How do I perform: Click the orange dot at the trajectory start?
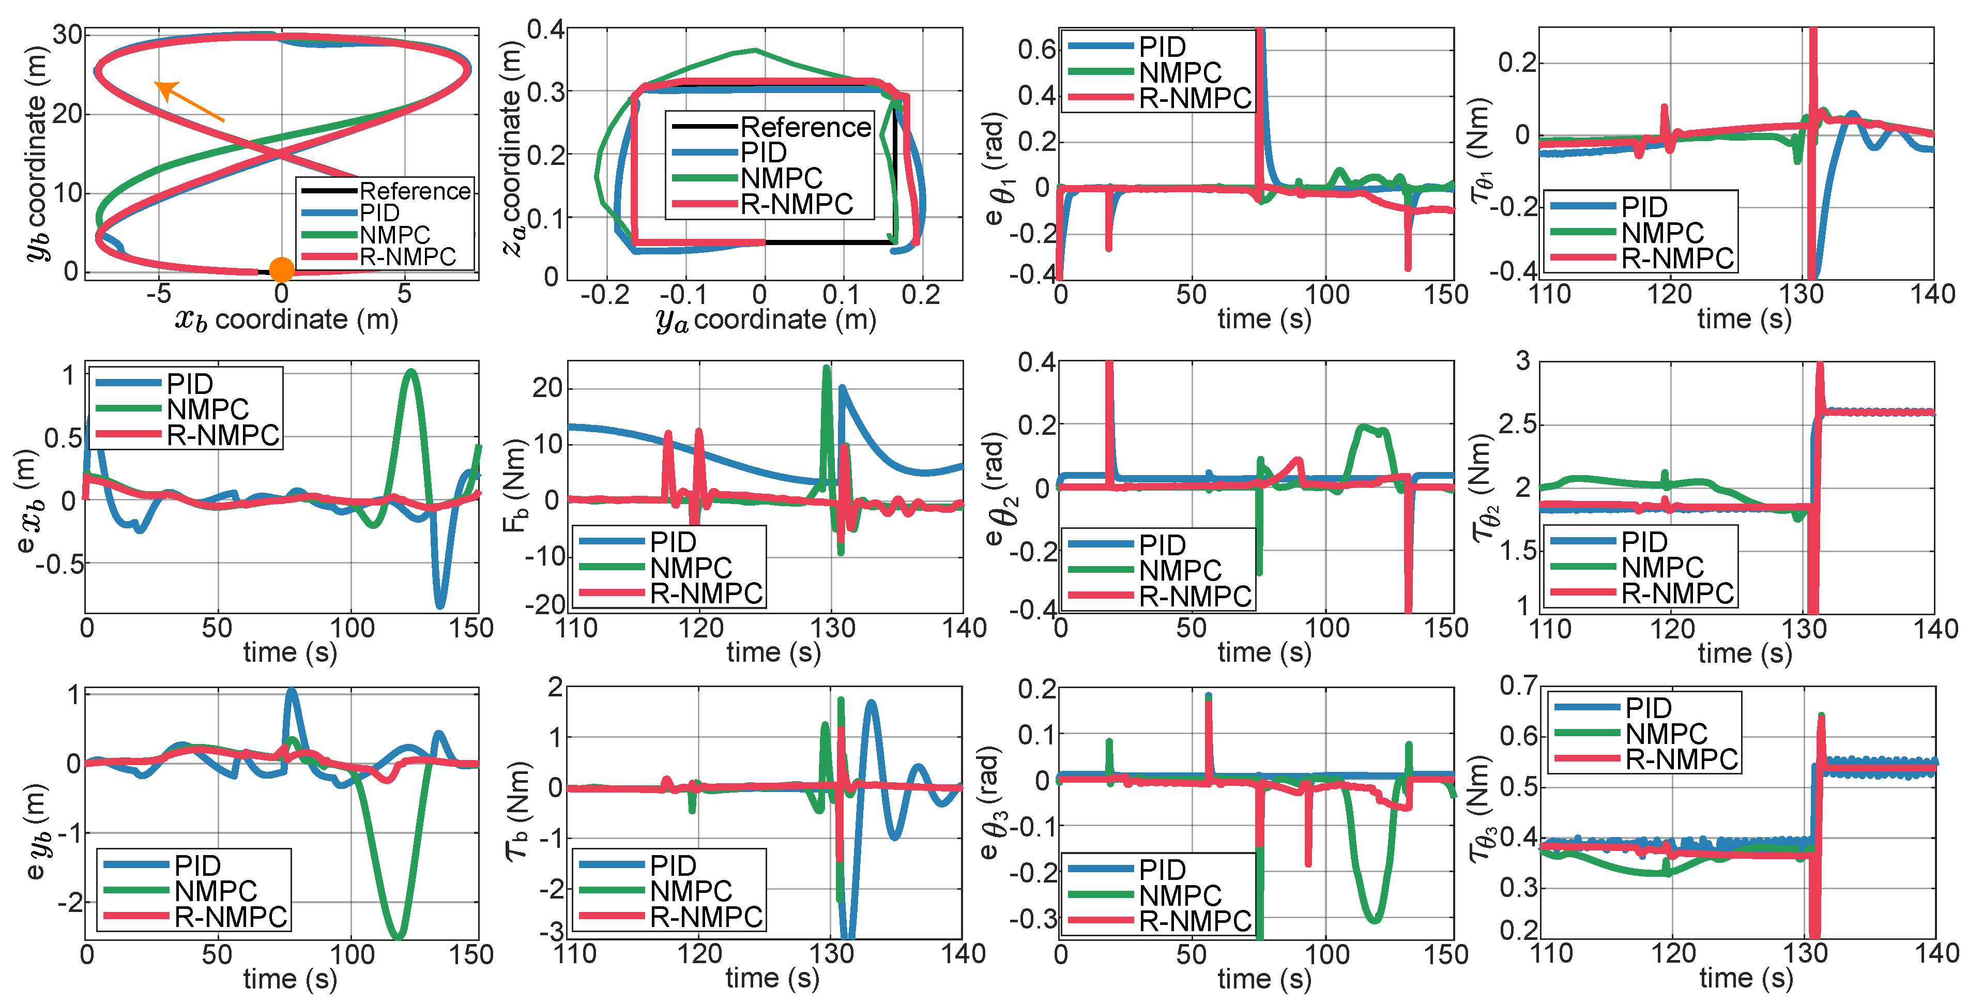(x=281, y=269)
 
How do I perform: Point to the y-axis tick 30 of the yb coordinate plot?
(x=67, y=35)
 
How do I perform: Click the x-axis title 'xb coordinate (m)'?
(x=286, y=320)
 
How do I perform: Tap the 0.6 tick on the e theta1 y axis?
(x=1036, y=50)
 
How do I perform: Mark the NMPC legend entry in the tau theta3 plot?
(x=1666, y=734)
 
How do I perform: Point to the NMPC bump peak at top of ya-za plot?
(x=755, y=51)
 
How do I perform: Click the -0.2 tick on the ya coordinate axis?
(x=605, y=295)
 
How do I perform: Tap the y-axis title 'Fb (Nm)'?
(x=515, y=485)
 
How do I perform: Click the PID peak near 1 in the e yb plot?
(x=291, y=692)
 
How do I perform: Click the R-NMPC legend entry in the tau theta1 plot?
(x=1677, y=258)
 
